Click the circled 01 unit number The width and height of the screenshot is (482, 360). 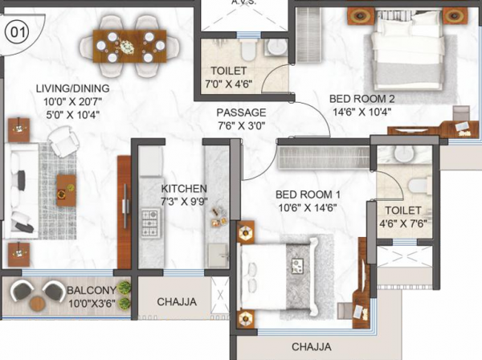pyautogui.click(x=16, y=34)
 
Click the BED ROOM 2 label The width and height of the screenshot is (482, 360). pyautogui.click(x=362, y=99)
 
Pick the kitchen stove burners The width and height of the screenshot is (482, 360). pyautogui.click(x=152, y=219)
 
